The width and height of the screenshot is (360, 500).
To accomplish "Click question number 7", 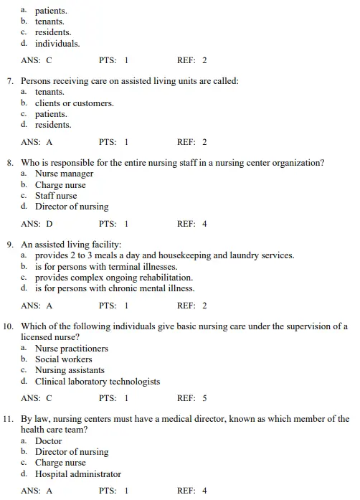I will pos(10,81).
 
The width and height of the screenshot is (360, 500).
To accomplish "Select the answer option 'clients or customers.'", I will pos(74,103).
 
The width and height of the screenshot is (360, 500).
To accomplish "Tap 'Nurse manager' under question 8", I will pos(64,174).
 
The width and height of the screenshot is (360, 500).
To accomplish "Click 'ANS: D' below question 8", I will pos(37,224).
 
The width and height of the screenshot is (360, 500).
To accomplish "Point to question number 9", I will pos(10,245).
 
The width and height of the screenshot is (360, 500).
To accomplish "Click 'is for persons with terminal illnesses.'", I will pos(106,267).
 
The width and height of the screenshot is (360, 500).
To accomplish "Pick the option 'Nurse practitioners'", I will pos(72,349).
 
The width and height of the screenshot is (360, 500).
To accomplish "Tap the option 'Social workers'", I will pos(63,359).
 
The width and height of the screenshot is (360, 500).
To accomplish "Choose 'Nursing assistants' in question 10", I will pos(70,370).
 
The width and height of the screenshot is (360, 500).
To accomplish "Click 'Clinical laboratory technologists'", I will pos(98,382).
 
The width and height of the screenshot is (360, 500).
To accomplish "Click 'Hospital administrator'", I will pos(78,474).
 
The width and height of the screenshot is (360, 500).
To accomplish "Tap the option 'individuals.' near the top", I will pos(57,43).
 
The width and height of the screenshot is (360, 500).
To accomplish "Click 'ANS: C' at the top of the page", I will pos(37,60).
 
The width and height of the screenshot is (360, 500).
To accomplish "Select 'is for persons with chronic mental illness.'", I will pos(115,288).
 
